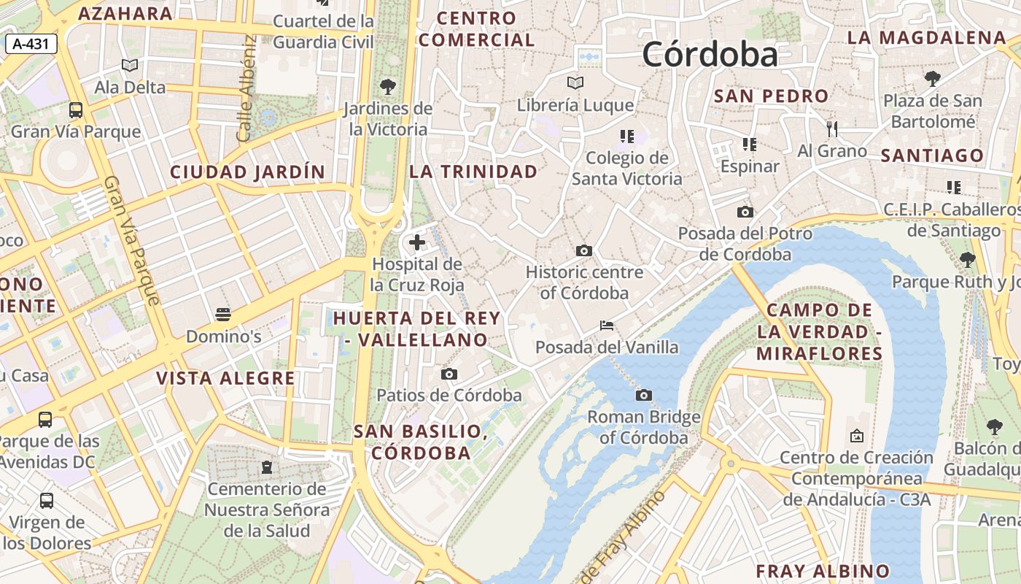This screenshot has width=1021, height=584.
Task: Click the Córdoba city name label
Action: click(710, 55)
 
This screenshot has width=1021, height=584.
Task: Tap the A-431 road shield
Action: click(31, 44)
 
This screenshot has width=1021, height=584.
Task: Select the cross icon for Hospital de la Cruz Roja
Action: click(417, 242)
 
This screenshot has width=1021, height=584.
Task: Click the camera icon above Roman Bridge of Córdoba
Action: click(643, 395)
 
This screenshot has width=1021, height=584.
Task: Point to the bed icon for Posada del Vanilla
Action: click(607, 325)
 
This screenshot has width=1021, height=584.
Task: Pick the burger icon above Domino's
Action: click(223, 315)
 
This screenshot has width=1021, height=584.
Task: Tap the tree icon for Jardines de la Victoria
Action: click(388, 87)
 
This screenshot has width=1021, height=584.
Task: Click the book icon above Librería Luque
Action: click(575, 83)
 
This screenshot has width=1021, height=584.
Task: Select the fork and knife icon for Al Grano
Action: click(832, 129)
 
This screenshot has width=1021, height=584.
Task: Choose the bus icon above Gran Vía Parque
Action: click(76, 110)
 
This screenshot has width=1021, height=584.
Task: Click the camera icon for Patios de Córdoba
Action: click(449, 374)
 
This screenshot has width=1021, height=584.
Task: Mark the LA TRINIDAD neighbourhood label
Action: click(473, 172)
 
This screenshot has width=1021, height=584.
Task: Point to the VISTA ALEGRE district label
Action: click(225, 378)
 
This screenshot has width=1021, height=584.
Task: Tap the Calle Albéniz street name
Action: click(246, 88)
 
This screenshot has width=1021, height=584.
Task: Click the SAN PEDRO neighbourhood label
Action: click(771, 96)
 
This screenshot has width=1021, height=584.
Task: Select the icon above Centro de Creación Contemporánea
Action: click(857, 436)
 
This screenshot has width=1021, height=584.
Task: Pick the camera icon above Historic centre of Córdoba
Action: click(583, 250)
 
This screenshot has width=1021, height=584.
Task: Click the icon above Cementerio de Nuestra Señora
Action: click(267, 466)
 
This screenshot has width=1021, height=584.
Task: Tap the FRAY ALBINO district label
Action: click(823, 571)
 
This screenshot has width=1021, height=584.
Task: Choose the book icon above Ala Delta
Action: click(130, 66)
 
